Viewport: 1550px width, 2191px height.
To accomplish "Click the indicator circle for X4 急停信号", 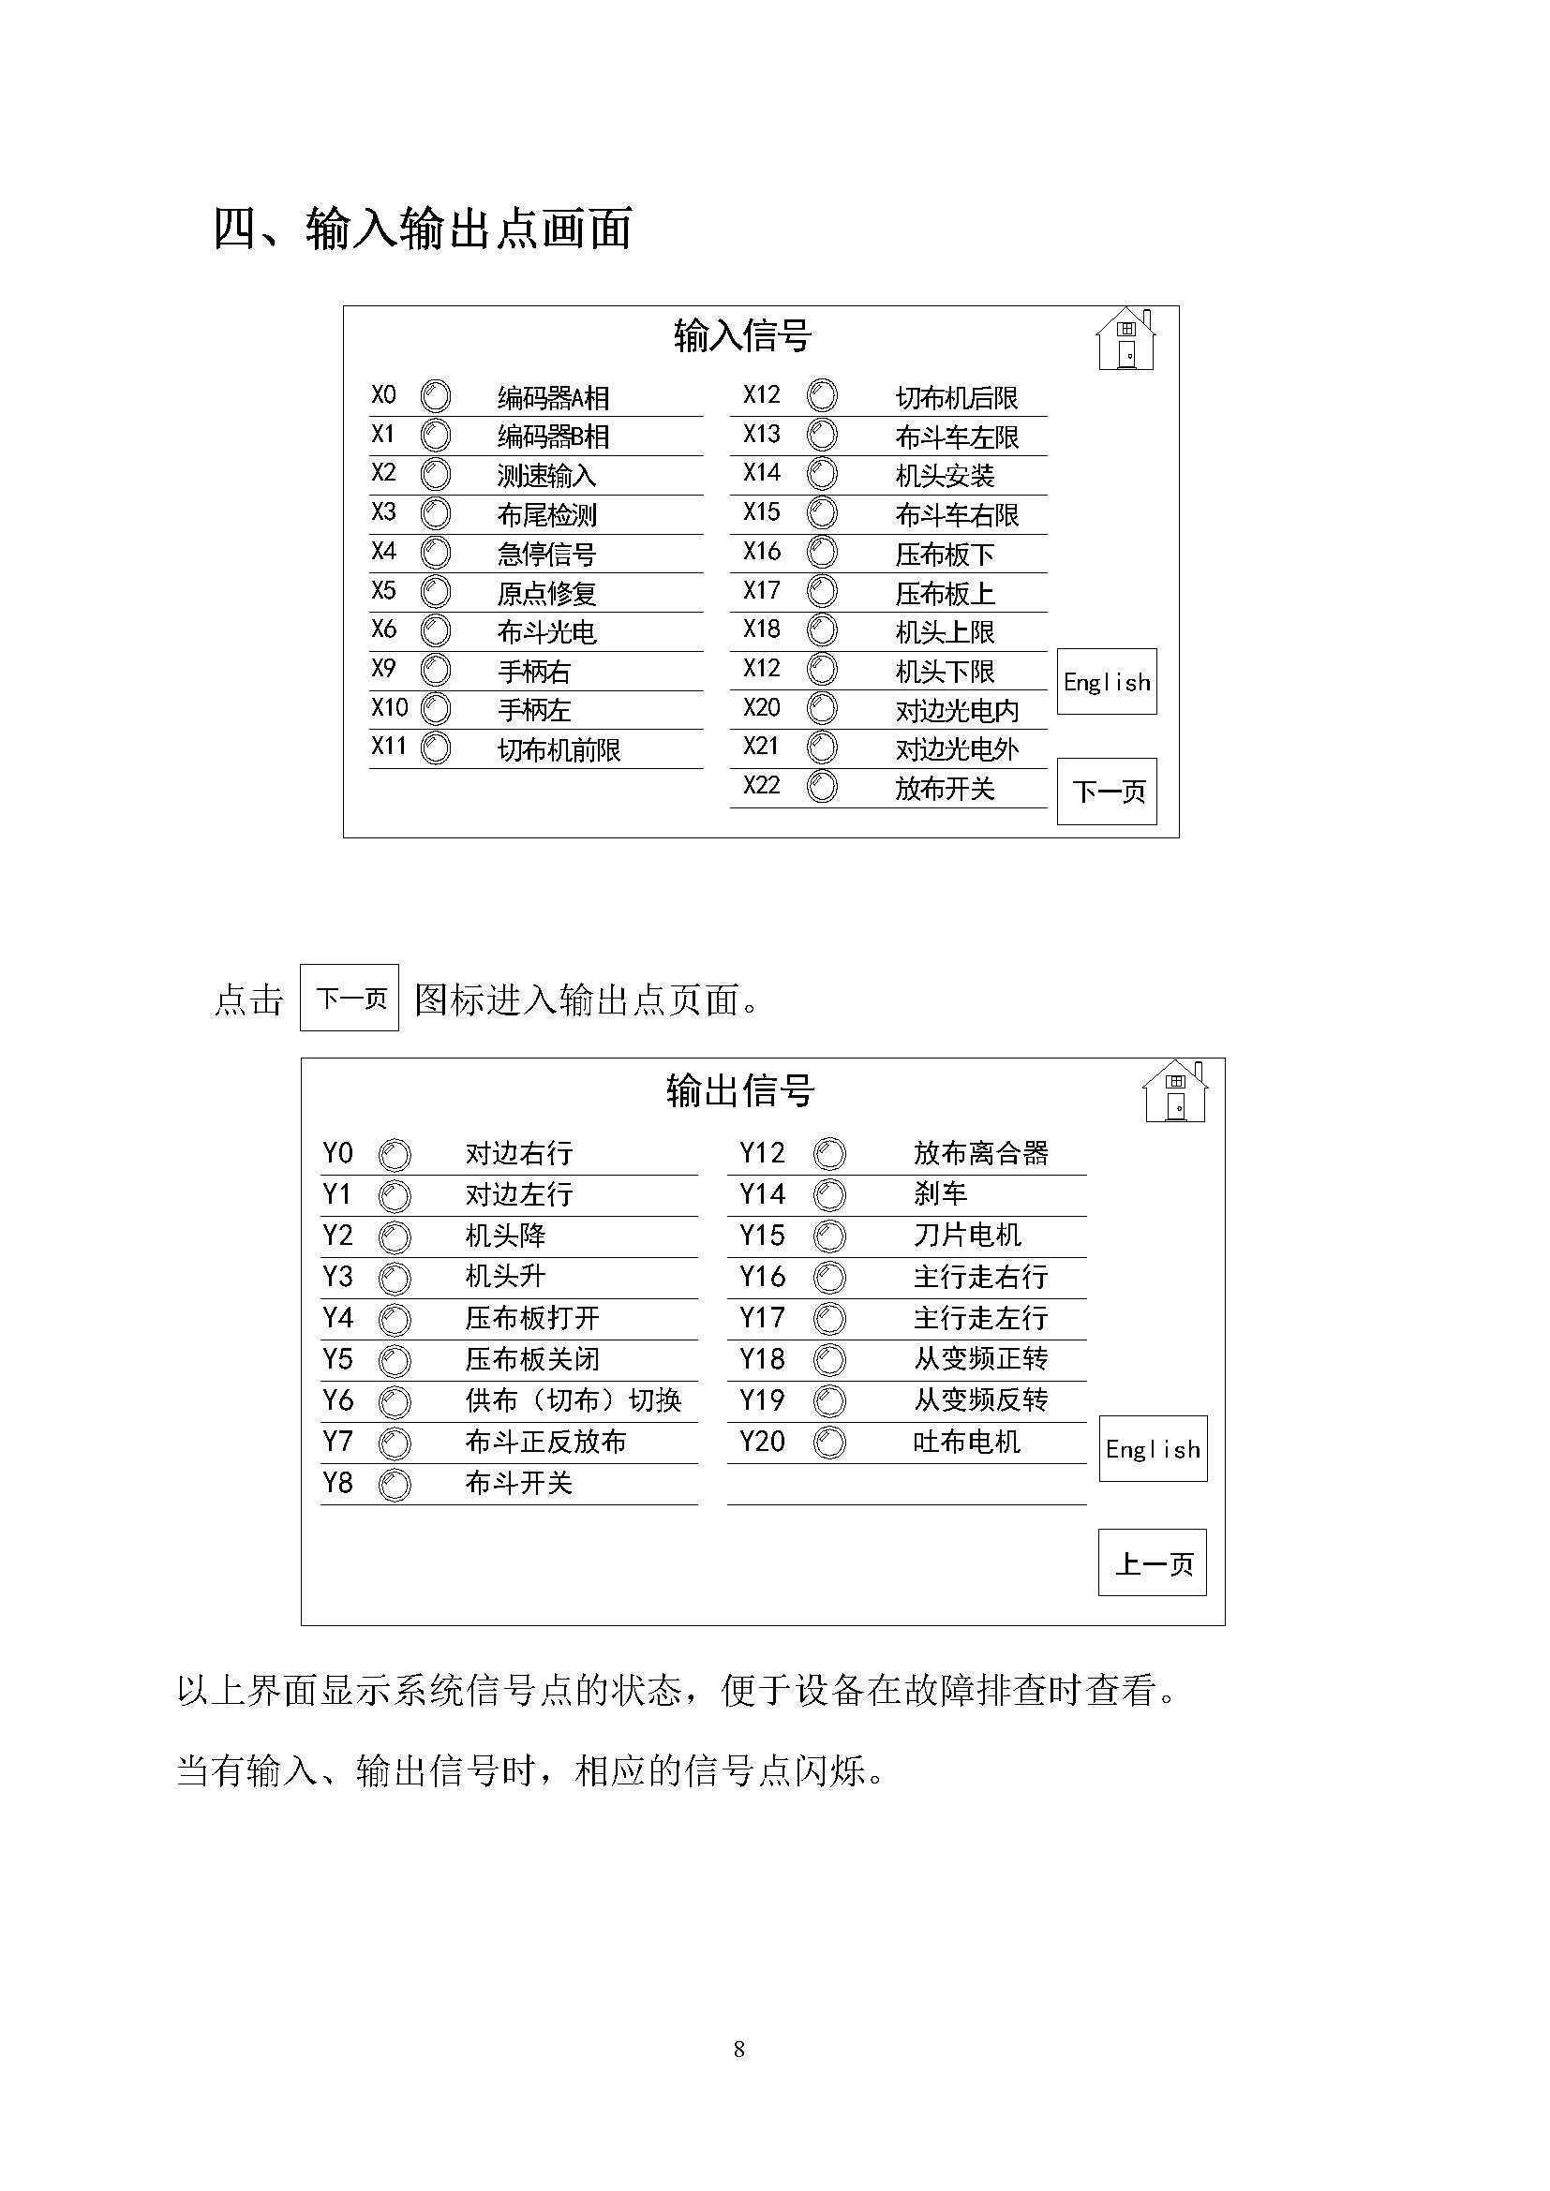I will click(x=436, y=553).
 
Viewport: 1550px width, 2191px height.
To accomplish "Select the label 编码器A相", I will click(x=553, y=398).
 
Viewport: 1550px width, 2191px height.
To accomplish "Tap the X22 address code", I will click(x=762, y=786).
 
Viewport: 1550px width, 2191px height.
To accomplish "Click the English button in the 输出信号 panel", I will click(x=1152, y=1449).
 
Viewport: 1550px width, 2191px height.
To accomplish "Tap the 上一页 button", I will click(x=1152, y=1564).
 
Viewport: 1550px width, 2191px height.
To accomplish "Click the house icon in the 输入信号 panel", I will click(x=1126, y=339).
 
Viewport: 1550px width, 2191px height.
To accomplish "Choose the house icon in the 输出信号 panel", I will click(x=1175, y=1091).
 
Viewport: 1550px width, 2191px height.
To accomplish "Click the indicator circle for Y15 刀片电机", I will click(x=829, y=1236).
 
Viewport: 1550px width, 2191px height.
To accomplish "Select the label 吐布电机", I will click(x=966, y=1442).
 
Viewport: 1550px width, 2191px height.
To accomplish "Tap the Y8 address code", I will click(x=338, y=1484).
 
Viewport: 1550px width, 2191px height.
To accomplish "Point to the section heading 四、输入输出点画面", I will click(x=422, y=230).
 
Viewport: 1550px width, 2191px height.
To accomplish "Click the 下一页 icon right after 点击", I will click(x=350, y=999).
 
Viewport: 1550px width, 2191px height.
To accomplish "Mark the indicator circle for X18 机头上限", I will click(x=822, y=630).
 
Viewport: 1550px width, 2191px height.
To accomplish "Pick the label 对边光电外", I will click(x=957, y=750).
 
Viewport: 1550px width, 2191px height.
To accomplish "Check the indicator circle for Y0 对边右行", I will click(x=395, y=1156).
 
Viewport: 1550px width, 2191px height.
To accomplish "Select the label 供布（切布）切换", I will click(x=573, y=1400).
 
